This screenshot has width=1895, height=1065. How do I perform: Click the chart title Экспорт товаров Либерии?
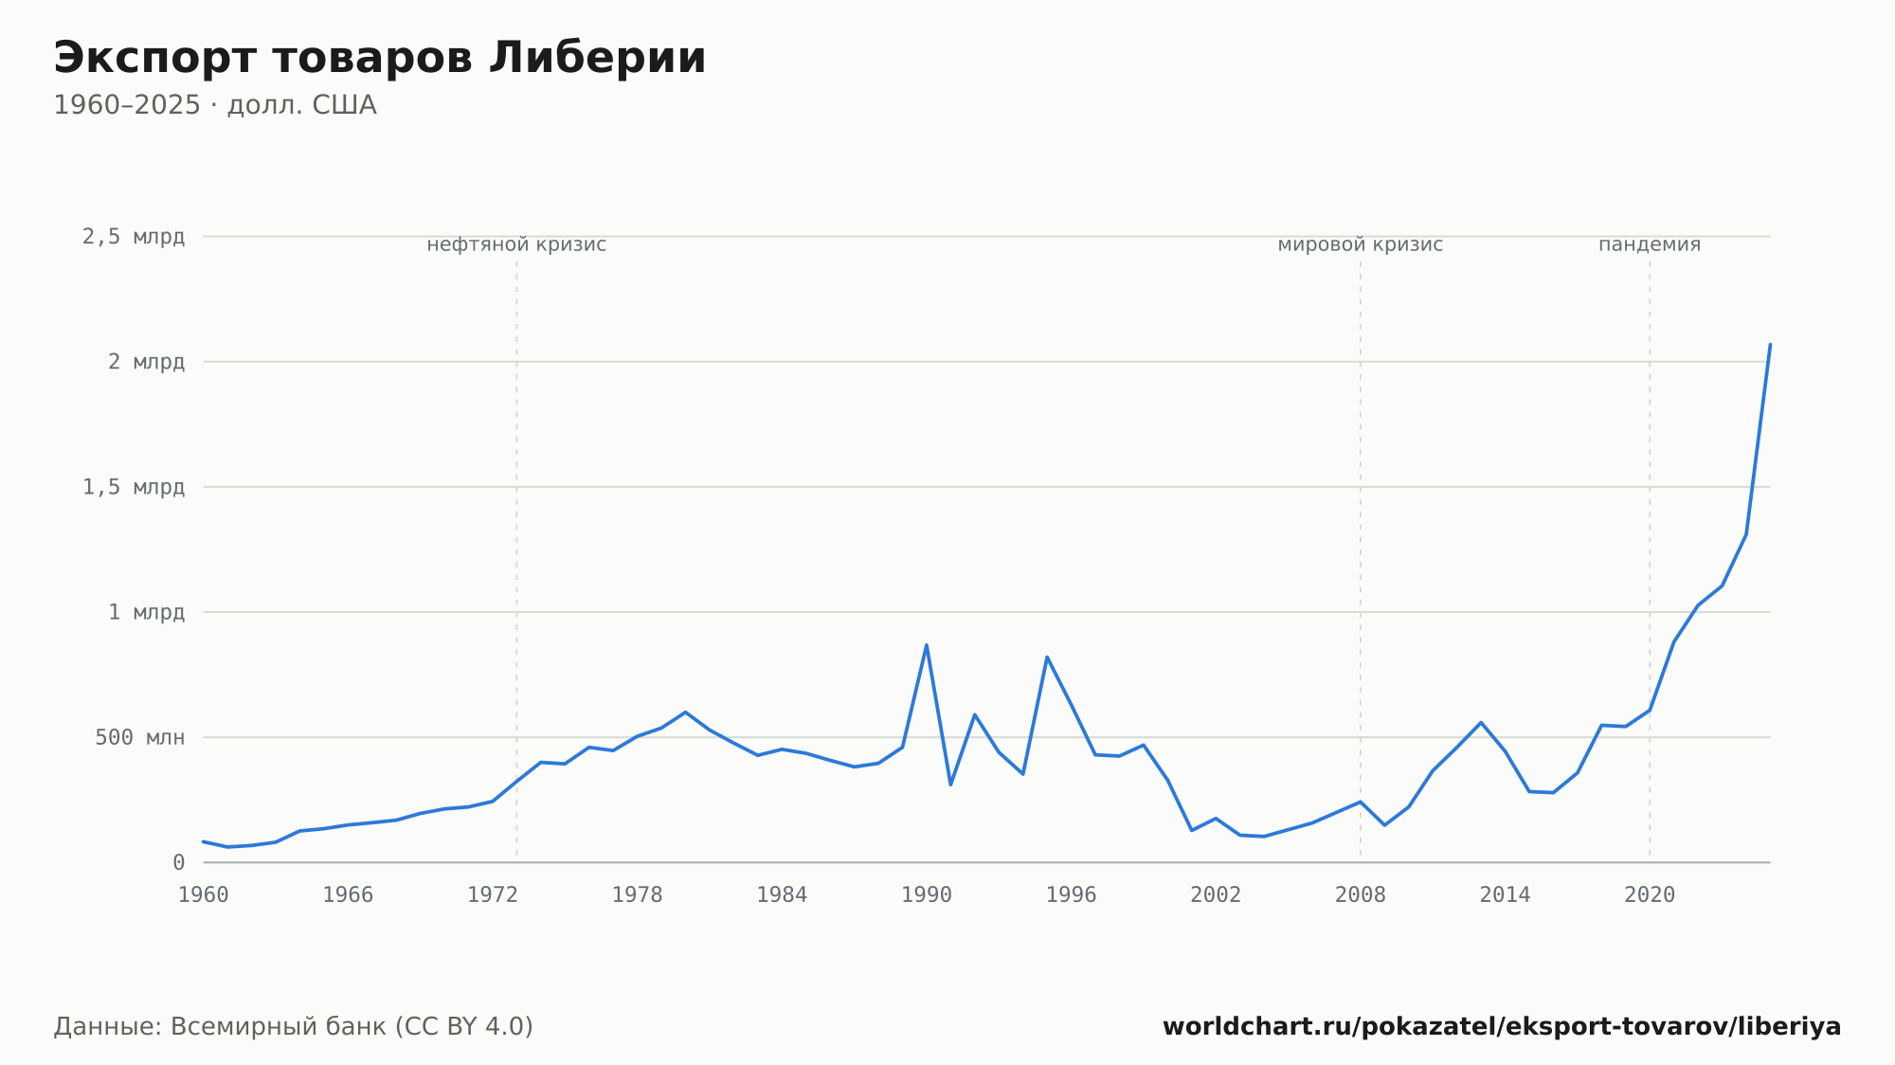380,58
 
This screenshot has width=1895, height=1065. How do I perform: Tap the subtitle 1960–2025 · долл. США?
215,105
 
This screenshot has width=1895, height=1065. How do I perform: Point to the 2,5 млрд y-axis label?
134,237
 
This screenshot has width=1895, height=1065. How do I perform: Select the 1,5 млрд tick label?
134,487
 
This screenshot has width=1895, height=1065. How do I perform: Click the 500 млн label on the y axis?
139,737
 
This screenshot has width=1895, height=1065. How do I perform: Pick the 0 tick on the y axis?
178,862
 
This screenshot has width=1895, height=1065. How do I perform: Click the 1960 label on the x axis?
204,895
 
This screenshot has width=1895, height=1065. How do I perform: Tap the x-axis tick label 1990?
927,895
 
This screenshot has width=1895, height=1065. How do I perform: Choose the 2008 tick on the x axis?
1361,895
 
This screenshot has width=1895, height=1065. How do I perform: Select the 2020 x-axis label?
1650,895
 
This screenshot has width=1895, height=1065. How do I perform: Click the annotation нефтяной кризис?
516,244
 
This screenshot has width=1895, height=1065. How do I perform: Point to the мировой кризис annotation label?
1361,244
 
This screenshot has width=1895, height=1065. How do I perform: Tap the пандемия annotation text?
1650,244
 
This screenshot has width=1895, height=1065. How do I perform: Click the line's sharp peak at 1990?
927,645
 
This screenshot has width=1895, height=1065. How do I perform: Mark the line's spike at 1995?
1047,657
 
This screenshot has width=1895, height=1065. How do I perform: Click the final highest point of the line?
1770,344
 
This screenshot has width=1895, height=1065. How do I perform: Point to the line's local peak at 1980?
685,712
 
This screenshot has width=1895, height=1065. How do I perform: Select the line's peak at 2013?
1481,722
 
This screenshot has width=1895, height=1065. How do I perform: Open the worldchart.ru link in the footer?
1502,1027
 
